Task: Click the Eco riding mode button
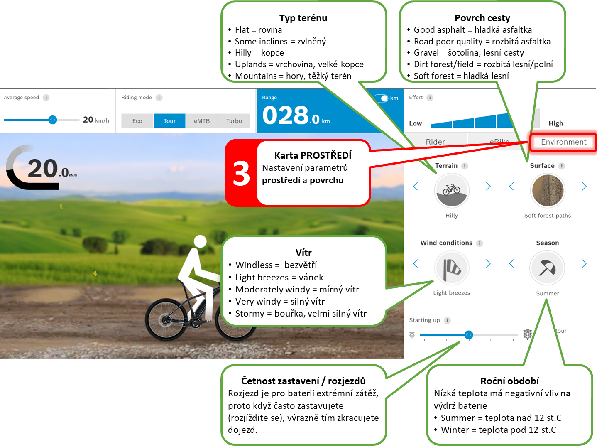point(137,121)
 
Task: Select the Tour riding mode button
point(169,121)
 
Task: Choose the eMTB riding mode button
point(201,121)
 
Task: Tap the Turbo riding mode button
point(234,121)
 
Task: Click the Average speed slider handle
point(52,120)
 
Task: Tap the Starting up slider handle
point(469,335)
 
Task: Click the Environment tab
point(563,142)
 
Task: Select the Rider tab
point(436,141)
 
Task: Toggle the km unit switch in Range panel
point(381,98)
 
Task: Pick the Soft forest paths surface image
point(548,190)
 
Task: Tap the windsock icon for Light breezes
point(452,268)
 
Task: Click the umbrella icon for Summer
point(547,268)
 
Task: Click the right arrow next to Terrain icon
point(488,187)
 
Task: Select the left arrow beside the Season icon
point(511,263)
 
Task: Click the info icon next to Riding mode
point(159,97)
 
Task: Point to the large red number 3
point(241,173)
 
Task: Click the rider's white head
point(200,241)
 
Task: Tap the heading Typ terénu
point(303,18)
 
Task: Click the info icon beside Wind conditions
point(480,243)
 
